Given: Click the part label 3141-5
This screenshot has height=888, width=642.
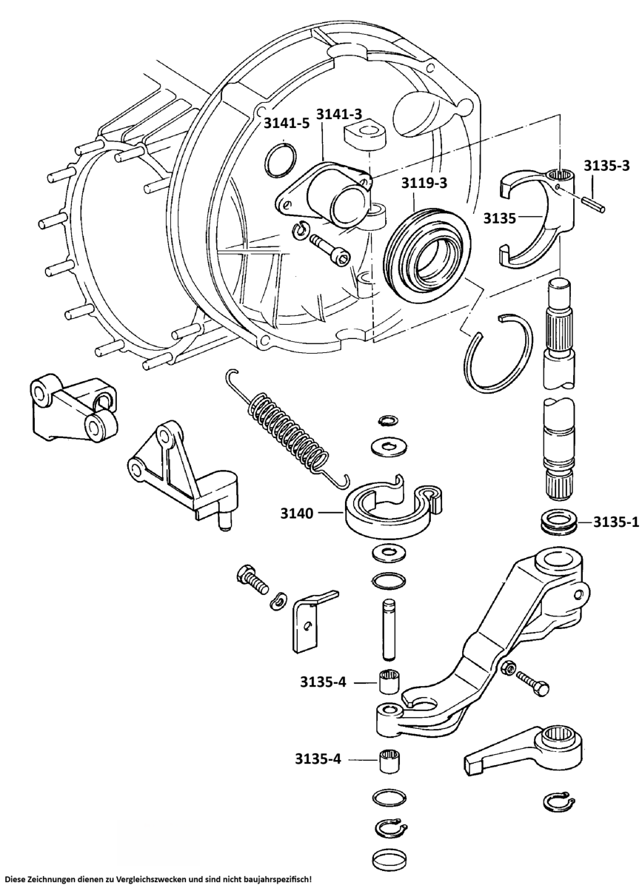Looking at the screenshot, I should tap(287, 124).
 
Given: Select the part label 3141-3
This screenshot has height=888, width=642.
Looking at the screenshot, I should tap(339, 114).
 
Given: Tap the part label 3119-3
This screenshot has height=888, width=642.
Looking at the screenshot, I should tap(425, 181).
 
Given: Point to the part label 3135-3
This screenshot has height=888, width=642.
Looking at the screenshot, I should tap(606, 165).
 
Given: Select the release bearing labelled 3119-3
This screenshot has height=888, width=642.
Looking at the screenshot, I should tap(427, 252).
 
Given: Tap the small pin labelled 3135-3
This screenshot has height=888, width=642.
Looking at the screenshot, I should tap(592, 203).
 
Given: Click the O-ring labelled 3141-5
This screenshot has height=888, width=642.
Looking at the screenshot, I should tap(281, 161).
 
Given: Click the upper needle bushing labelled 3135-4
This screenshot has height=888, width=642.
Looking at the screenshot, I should tap(389, 681).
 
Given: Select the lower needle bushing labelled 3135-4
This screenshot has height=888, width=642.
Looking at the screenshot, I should tap(389, 760).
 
